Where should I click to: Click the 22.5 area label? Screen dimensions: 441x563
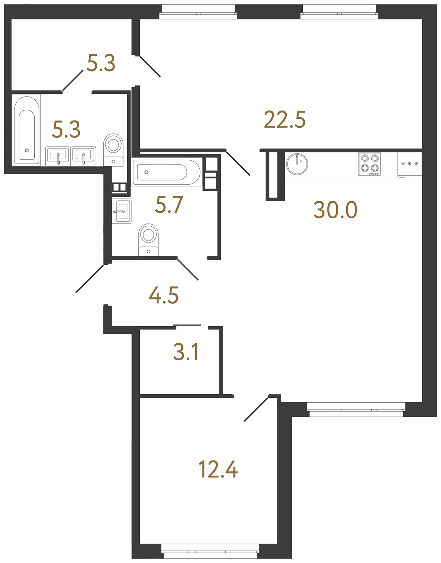point(285,119)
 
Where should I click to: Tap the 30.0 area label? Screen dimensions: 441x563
point(335,210)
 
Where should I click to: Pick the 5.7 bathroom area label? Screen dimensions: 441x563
point(169,205)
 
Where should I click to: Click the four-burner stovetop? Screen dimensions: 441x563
point(370,164)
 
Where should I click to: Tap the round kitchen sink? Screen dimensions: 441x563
point(297,164)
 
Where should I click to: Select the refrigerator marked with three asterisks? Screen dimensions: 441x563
point(410,165)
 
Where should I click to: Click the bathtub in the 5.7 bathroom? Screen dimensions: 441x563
point(166,172)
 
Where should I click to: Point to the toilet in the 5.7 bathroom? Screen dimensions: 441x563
point(148,240)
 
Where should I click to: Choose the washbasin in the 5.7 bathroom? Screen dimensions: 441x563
point(122,211)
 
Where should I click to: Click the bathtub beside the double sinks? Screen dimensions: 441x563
point(27,130)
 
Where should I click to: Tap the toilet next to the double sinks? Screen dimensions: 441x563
point(113,150)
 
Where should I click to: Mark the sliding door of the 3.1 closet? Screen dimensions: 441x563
point(187,325)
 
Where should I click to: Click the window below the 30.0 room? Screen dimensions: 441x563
point(356,410)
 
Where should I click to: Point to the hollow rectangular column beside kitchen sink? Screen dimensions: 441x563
point(275,176)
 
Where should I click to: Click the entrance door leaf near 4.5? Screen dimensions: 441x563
point(89,279)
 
